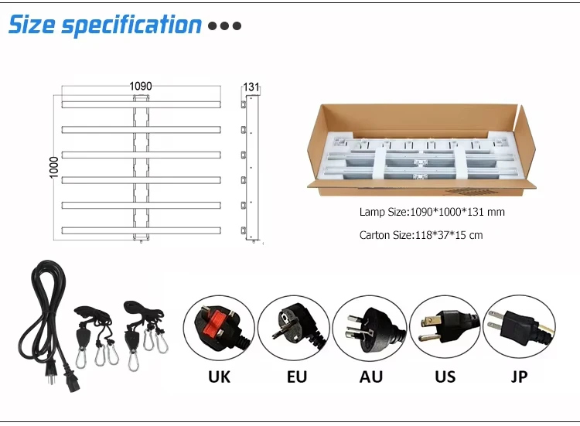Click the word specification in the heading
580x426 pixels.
click(x=131, y=26)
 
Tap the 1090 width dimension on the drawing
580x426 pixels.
click(x=140, y=86)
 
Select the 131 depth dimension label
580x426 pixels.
click(x=252, y=87)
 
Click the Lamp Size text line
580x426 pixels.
click(x=432, y=212)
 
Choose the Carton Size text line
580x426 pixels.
click(x=421, y=235)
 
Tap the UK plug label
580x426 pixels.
click(x=219, y=377)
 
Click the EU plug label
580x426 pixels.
click(x=295, y=377)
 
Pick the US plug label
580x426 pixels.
click(x=445, y=377)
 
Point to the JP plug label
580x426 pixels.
click(x=520, y=377)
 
